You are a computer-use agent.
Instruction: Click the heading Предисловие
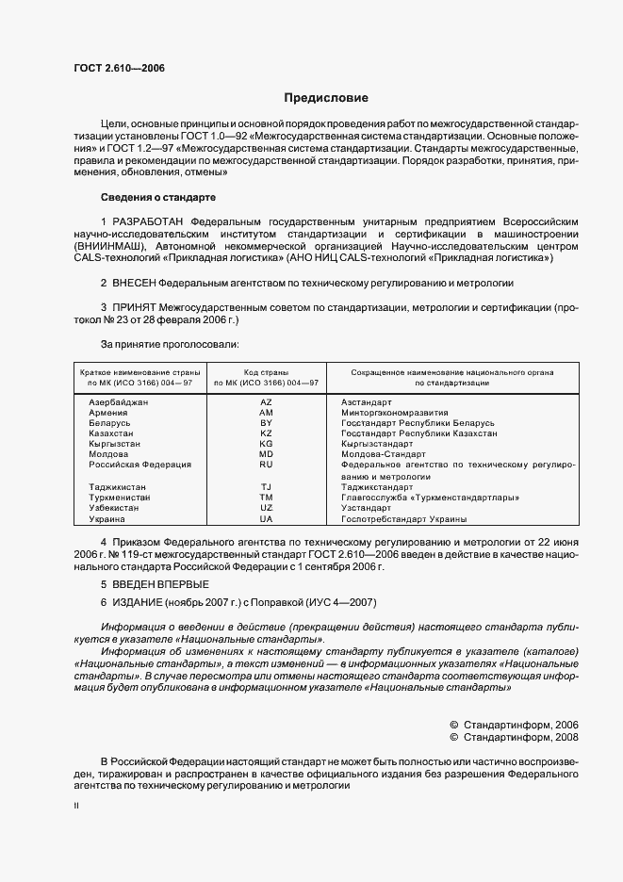[326, 98]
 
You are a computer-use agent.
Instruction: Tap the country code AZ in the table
[266, 401]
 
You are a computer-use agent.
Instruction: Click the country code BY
[266, 423]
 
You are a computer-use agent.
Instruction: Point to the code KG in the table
[266, 444]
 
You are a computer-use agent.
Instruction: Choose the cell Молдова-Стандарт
[385, 454]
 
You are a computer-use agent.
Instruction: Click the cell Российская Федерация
[139, 465]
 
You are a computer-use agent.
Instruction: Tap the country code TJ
[266, 486]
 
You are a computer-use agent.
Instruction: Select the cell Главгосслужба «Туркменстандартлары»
[431, 498]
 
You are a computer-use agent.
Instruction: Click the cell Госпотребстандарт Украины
[403, 518]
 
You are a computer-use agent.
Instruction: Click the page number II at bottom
[76, 807]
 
